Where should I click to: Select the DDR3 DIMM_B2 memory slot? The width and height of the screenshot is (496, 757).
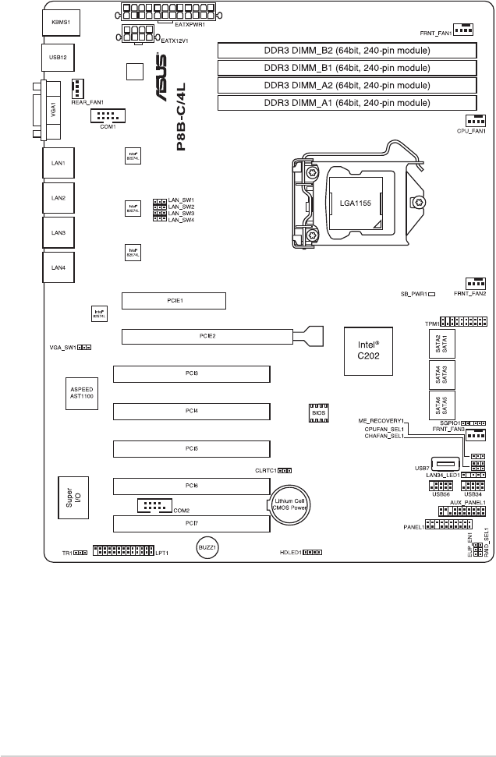click(346, 51)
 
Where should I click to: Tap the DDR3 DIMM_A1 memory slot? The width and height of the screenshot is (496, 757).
click(346, 103)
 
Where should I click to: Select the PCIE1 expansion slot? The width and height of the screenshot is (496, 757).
click(162, 299)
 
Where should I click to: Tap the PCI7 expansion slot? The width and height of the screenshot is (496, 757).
click(191, 522)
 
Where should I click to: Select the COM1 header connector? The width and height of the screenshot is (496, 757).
click(108, 116)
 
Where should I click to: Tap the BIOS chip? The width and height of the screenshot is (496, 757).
click(317, 412)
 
